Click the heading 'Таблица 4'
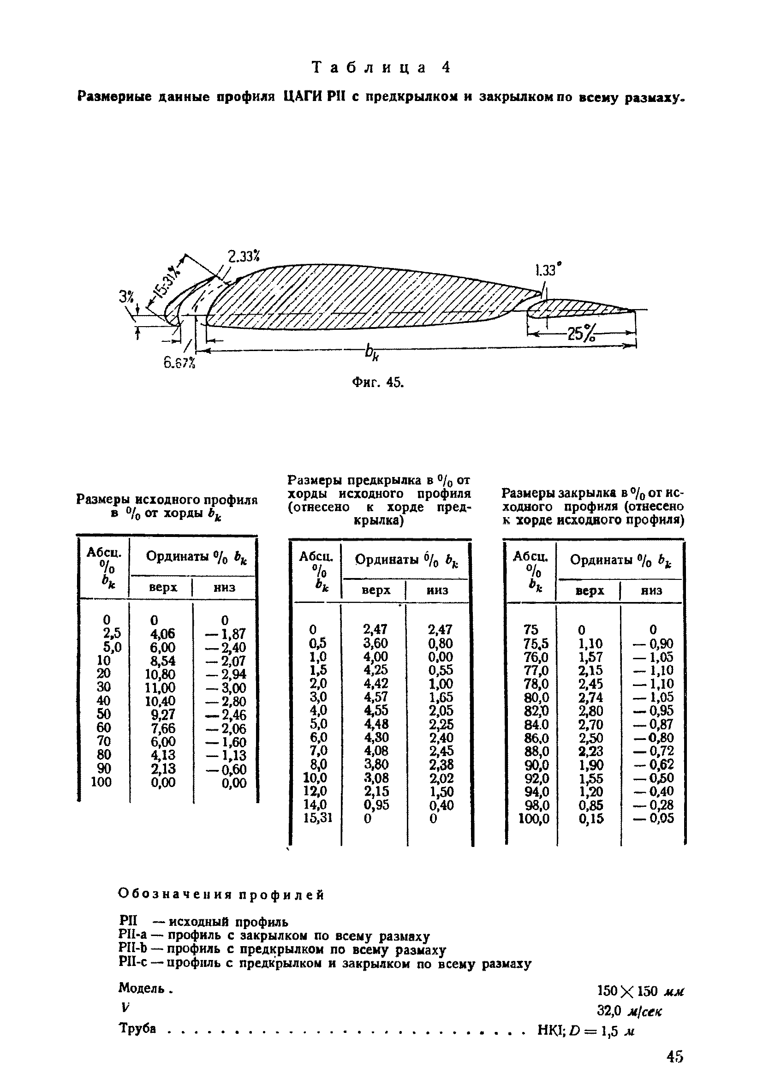pos(381,68)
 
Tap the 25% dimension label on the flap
pos(581,334)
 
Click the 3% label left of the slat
pos(126,297)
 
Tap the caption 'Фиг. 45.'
pos(378,382)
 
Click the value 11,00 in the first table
pos(160,687)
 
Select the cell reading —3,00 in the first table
pos(226,687)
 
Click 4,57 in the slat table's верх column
pos(376,697)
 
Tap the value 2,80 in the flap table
pos(590,710)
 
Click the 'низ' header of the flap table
pos(651,591)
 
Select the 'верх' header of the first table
pos(162,587)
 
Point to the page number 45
pos(674,1057)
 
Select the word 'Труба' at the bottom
pos(137,1028)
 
